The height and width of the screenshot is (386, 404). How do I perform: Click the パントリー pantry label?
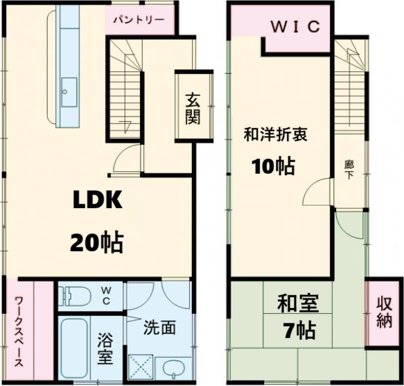[x=138, y=20]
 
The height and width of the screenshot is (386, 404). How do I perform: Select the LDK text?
[x=96, y=200]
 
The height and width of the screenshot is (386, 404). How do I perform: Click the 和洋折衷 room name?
[x=275, y=135]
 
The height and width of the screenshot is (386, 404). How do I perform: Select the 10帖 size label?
[x=273, y=166]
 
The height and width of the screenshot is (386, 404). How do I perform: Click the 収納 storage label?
[x=384, y=311]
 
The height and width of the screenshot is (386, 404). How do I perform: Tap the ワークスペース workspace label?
[x=20, y=329]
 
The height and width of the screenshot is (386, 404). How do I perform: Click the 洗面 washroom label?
[x=160, y=328]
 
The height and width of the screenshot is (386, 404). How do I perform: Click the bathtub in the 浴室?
[x=75, y=348]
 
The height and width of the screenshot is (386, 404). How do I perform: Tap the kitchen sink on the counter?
[x=69, y=88]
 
